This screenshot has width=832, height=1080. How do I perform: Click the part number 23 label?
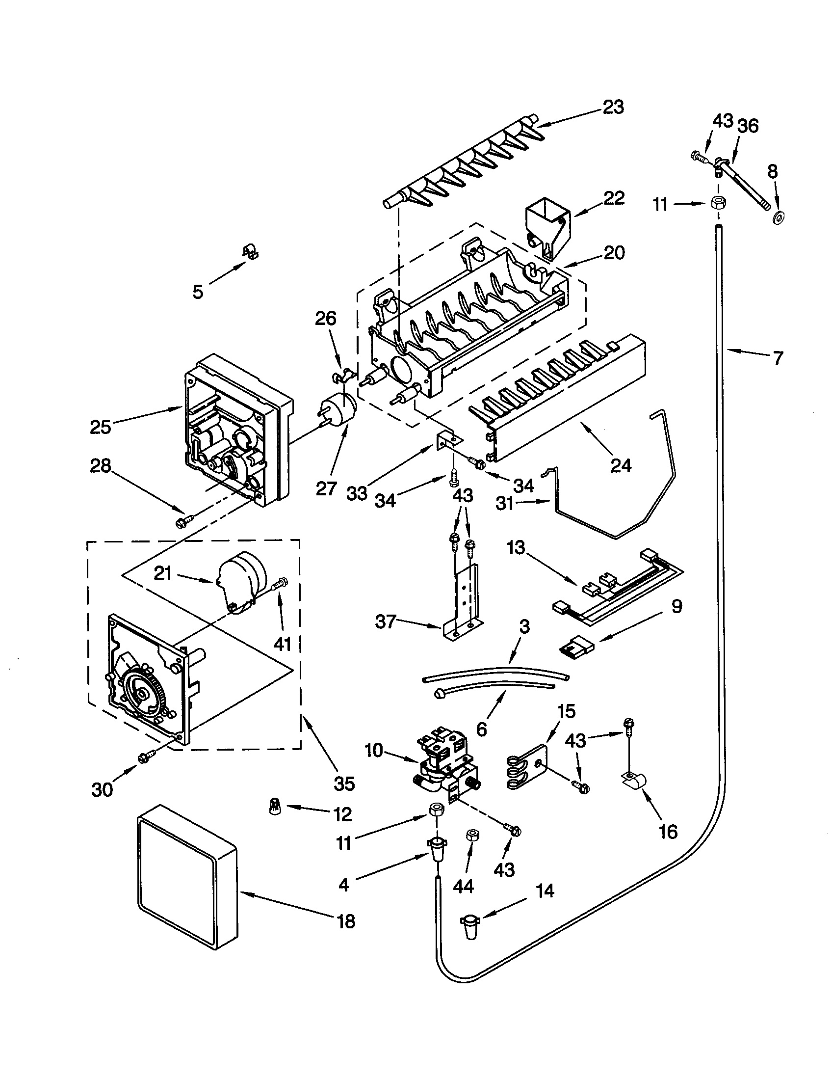coord(613,108)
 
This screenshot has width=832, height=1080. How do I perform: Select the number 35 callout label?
coord(344,783)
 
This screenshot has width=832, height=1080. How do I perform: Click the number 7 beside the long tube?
coord(778,358)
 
